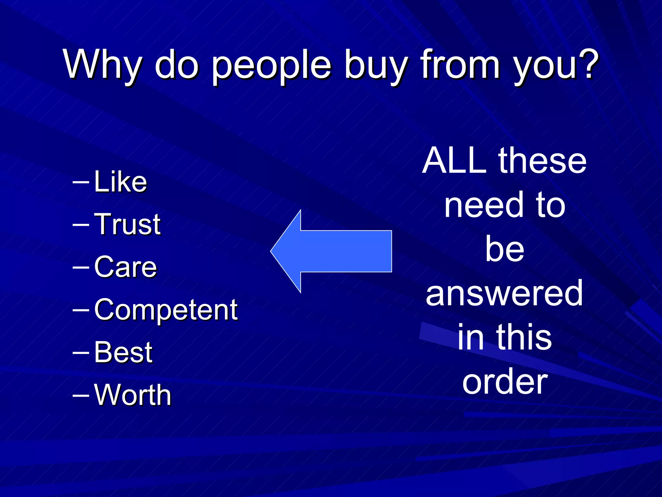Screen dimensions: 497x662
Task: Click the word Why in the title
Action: pyautogui.click(x=103, y=65)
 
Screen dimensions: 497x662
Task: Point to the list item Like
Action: pyautogui.click(x=120, y=182)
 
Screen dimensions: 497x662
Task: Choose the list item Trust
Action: pyautogui.click(x=127, y=224)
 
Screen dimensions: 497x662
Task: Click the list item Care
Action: pyautogui.click(x=125, y=267)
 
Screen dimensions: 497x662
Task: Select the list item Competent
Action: pyautogui.click(x=166, y=310)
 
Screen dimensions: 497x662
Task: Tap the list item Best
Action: pyautogui.click(x=123, y=352)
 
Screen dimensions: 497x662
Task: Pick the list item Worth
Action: pyautogui.click(x=133, y=395)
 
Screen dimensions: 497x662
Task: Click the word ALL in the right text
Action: pyautogui.click(x=455, y=160)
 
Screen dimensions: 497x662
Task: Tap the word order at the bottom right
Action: pyautogui.click(x=505, y=383)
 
